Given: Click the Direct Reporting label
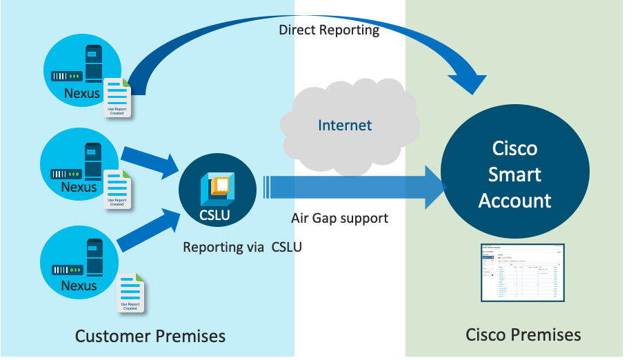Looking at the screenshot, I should click(x=328, y=30).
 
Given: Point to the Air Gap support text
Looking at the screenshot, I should click(x=339, y=218).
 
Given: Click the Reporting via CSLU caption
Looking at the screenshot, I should click(x=241, y=246).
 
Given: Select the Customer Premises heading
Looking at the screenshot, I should click(x=150, y=336).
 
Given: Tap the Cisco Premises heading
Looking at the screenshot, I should click(x=523, y=334).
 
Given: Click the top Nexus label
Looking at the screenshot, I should click(x=82, y=93).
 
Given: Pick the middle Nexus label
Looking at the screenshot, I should click(x=79, y=187).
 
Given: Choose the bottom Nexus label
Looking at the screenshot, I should click(x=79, y=285).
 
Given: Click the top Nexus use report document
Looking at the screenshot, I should click(x=117, y=97).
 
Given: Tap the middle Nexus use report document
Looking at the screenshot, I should click(x=117, y=188).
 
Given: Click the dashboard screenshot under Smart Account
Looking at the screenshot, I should click(x=522, y=272).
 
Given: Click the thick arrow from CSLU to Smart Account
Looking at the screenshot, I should click(x=352, y=187).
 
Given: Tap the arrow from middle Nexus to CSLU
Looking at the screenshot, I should click(x=148, y=161).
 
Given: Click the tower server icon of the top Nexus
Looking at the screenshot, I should click(x=93, y=64).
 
